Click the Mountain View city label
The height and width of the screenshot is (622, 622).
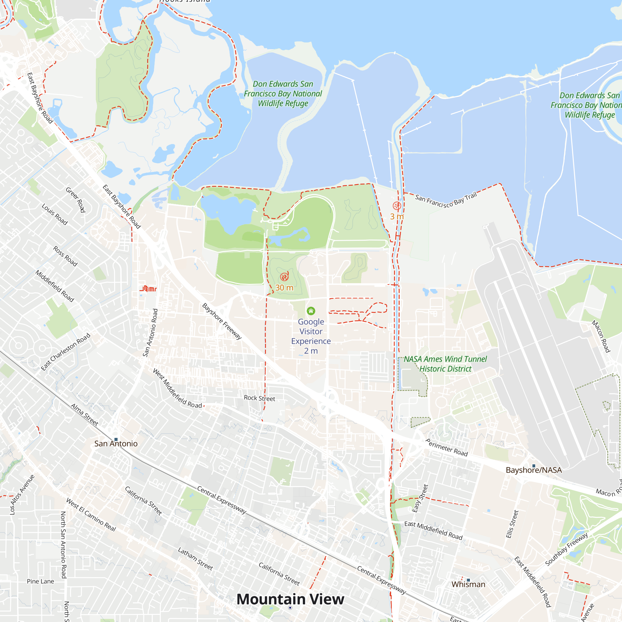290,599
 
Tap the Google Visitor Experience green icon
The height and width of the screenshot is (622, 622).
311,311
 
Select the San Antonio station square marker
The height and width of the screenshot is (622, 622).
116,439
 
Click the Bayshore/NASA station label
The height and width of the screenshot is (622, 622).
533,470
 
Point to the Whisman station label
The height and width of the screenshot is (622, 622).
468,584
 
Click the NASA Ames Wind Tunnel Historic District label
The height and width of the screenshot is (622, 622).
445,364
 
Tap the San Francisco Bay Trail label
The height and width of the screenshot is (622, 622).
446,200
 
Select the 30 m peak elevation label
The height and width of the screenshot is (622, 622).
284,287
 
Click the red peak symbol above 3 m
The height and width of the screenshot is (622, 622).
397,205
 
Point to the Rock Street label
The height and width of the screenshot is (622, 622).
259,398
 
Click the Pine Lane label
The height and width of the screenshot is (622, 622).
40,582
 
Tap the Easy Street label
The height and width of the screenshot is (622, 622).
420,498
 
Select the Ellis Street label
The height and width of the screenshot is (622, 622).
512,524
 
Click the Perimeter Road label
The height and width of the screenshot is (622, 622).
447,448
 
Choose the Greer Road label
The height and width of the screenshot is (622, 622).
76,200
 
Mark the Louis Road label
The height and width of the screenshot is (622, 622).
55,214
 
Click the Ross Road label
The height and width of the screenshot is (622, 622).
65,256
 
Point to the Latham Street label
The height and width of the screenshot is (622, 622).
195,559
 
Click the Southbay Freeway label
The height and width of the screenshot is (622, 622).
566,549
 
